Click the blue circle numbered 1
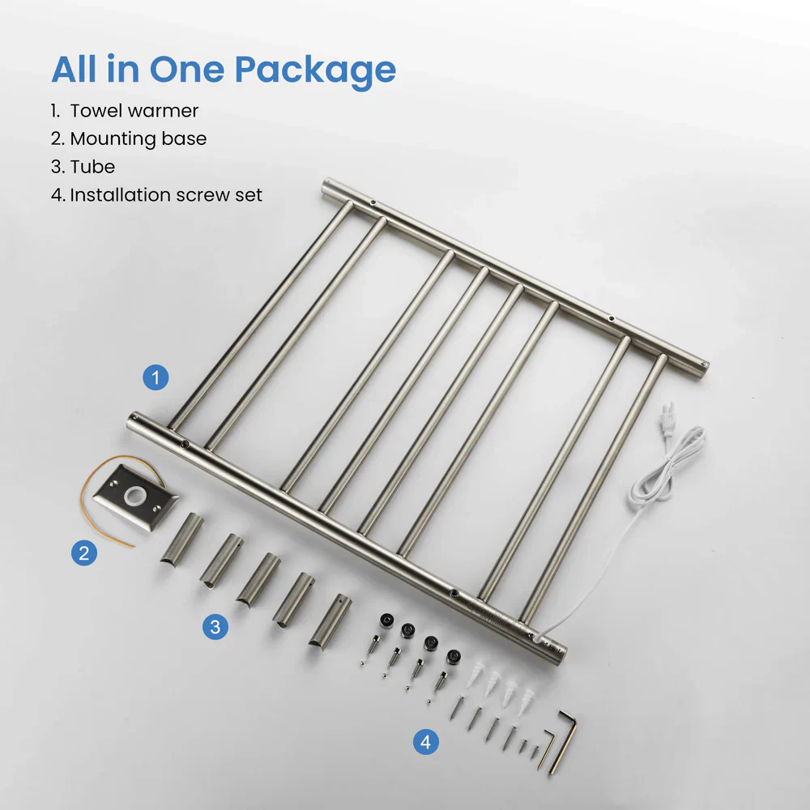[x=156, y=377]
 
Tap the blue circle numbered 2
[x=83, y=553]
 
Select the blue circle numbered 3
[x=215, y=626]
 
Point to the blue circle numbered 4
[x=425, y=741]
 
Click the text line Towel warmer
[x=134, y=110]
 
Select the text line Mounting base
[x=138, y=139]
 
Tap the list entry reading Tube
[x=92, y=167]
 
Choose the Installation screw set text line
[x=165, y=195]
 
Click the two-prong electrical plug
[x=669, y=420]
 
